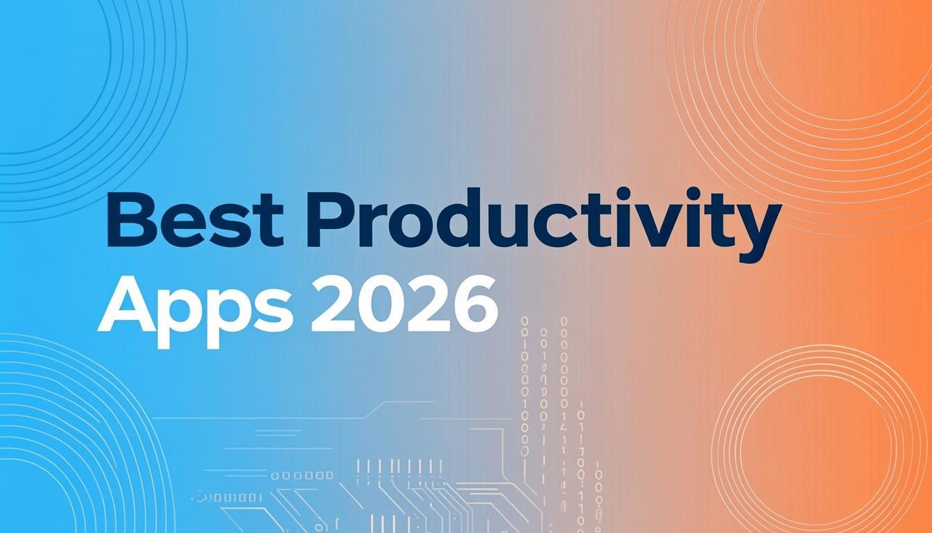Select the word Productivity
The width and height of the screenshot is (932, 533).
(x=544, y=221)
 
